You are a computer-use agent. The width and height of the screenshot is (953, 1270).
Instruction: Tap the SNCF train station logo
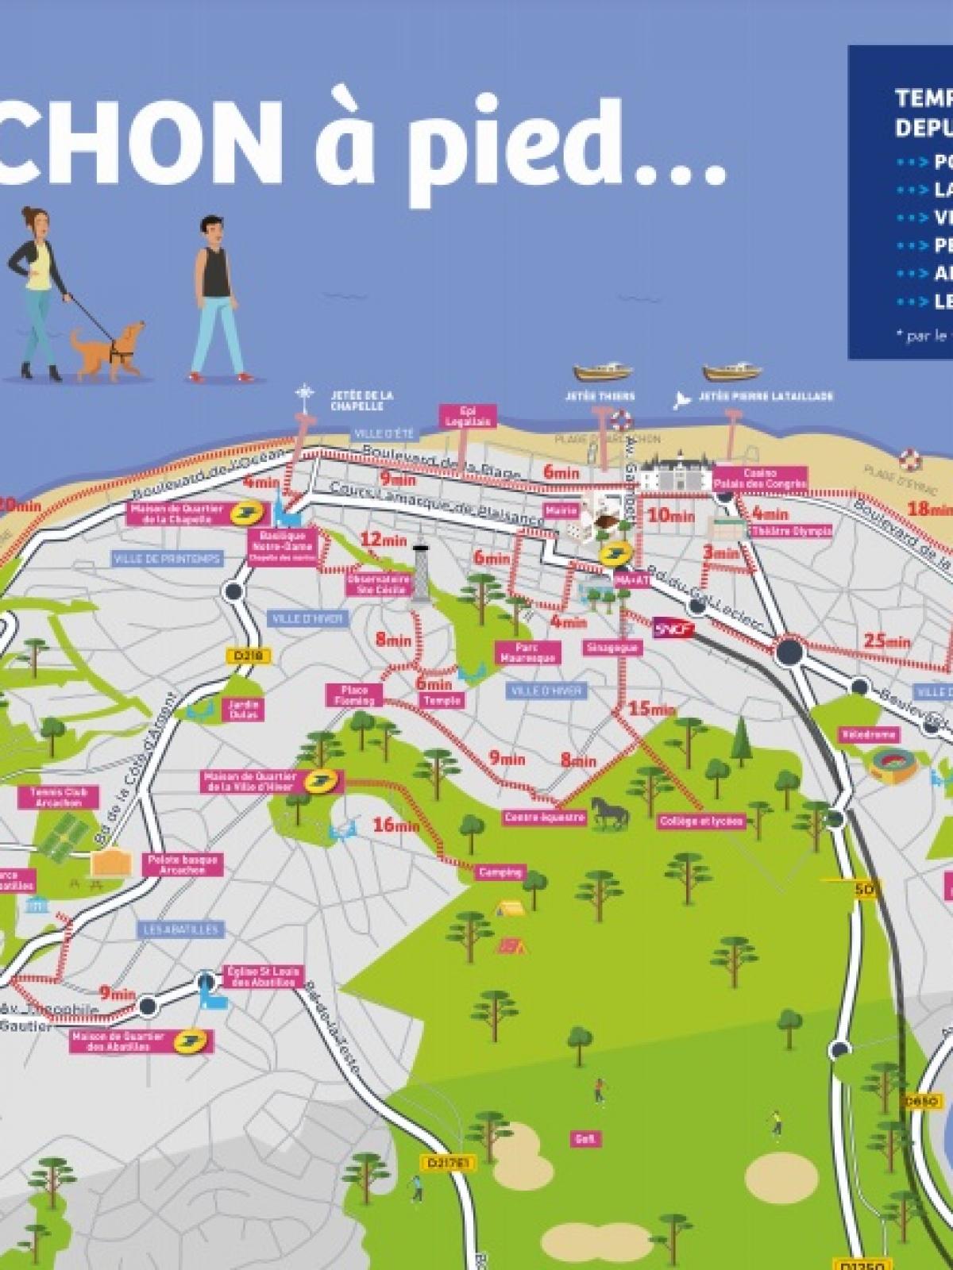pyautogui.click(x=674, y=629)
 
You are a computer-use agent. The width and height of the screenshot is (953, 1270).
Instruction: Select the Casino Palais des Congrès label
pyautogui.click(x=760, y=479)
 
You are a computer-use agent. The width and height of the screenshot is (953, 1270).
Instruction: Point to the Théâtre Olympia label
pyautogui.click(x=791, y=531)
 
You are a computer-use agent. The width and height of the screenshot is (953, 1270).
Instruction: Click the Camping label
pyautogui.click(x=500, y=872)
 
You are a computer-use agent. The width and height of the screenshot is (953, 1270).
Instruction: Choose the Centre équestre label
pyautogui.click(x=545, y=817)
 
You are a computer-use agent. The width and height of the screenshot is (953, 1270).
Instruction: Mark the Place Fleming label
pyautogui.click(x=354, y=696)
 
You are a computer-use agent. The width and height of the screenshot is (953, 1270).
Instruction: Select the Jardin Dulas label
pyautogui.click(x=244, y=709)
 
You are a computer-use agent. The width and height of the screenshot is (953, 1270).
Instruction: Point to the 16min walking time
pyautogui.click(x=395, y=825)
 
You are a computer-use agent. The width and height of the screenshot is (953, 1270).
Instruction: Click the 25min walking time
pyautogui.click(x=887, y=641)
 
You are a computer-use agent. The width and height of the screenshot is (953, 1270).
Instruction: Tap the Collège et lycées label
pyautogui.click(x=701, y=822)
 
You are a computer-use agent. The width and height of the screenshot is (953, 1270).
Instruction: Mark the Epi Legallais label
pyautogui.click(x=468, y=416)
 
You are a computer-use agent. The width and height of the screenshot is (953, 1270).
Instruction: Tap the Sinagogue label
pyautogui.click(x=612, y=648)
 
